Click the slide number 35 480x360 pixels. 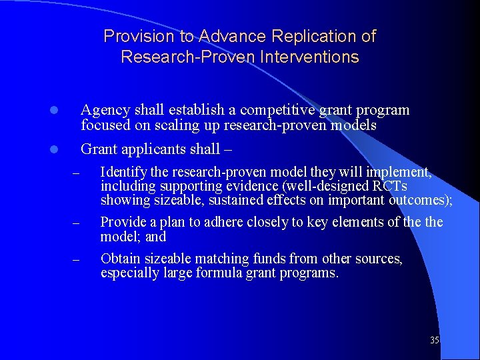(x=435, y=341)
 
